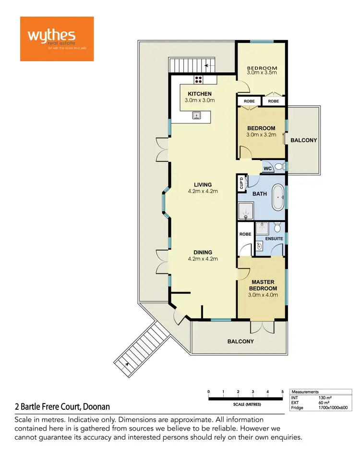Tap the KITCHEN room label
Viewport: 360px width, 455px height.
click(x=199, y=94)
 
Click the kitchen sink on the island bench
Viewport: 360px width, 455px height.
click(x=196, y=115)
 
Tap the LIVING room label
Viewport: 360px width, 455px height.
click(x=203, y=184)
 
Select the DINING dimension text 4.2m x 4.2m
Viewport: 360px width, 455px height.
click(x=203, y=259)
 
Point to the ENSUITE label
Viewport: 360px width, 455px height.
click(x=274, y=238)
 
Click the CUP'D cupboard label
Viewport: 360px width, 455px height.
click(x=241, y=183)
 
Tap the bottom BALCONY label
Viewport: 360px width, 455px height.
click(x=240, y=342)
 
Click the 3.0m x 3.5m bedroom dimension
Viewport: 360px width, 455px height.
click(x=262, y=73)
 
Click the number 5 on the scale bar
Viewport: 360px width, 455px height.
click(x=283, y=392)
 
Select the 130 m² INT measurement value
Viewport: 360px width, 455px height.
click(x=325, y=398)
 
